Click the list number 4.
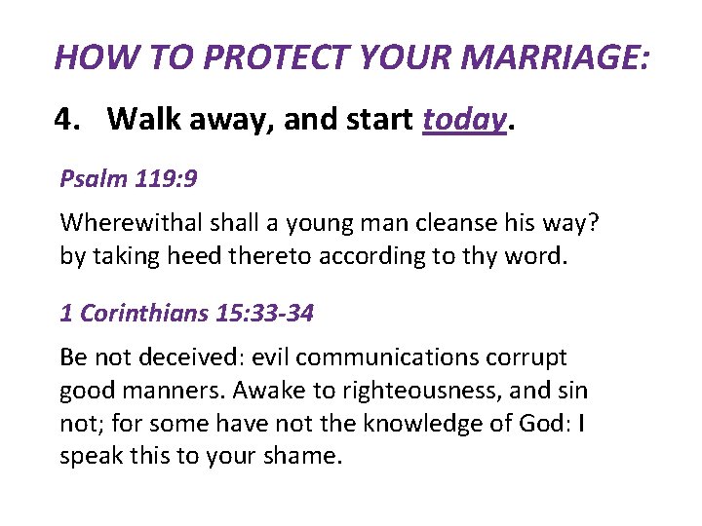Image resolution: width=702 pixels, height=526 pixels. point(65,120)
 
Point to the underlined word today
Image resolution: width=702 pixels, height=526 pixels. point(464,120)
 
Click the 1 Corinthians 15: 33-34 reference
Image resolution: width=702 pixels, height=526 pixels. point(186,314)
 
